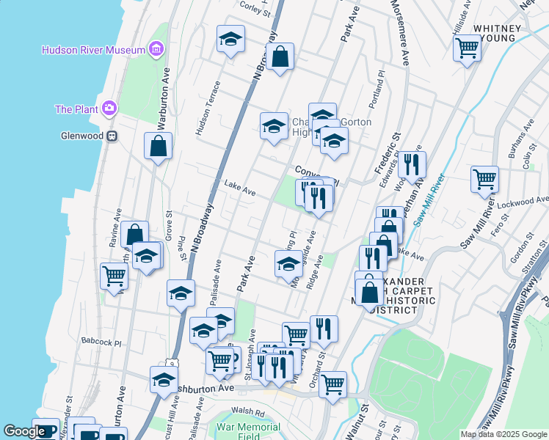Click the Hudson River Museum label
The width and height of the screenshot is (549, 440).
[x=94, y=50]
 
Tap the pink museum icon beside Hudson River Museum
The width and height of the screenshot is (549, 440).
[x=156, y=49]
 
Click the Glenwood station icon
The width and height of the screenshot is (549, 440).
[x=112, y=136]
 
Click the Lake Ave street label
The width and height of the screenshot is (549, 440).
[x=240, y=189]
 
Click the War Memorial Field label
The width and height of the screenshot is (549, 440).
[x=249, y=431]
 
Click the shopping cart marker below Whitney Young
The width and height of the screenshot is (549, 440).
[x=467, y=48]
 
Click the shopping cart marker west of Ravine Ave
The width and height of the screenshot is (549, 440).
[x=114, y=276]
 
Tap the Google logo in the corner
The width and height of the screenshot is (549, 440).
[x=25, y=432]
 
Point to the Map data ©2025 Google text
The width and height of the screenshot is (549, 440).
[x=503, y=434]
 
